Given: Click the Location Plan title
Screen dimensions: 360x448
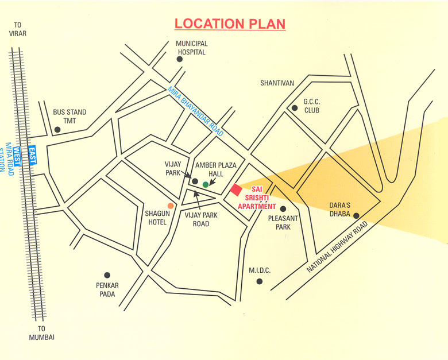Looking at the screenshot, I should click(230, 24).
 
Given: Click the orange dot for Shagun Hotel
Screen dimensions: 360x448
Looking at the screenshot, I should click(171, 205).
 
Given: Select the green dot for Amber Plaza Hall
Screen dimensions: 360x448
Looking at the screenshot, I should click(206, 184).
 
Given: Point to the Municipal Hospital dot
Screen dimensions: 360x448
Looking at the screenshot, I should click(180, 59).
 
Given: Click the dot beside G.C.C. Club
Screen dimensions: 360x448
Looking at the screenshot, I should click(295, 107).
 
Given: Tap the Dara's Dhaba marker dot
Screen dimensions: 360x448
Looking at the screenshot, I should click(356, 216).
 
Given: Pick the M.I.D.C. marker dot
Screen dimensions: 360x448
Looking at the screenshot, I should click(260, 281).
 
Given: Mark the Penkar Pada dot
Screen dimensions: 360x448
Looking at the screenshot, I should click(106, 276).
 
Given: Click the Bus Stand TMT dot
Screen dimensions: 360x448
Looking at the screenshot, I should click(57, 130).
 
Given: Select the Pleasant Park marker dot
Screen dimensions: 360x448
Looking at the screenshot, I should click(283, 209).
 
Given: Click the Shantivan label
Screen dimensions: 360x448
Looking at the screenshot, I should click(277, 83).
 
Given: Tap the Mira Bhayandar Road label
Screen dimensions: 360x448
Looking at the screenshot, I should click(195, 111).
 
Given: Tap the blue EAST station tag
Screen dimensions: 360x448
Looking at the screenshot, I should click(33, 154).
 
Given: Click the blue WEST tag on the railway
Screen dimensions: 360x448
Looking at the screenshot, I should click(17, 155).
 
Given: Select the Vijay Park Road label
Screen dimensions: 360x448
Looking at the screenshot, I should click(201, 219).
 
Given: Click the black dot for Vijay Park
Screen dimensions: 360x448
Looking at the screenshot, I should click(195, 181).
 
